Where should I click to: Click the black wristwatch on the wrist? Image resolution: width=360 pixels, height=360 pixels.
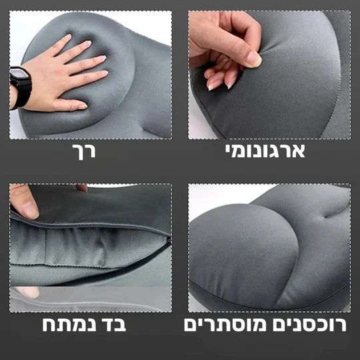point(20,87)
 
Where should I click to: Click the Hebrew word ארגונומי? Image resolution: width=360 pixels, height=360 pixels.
point(265,151)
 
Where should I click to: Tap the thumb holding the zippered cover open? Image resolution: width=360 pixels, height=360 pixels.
point(24,203)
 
